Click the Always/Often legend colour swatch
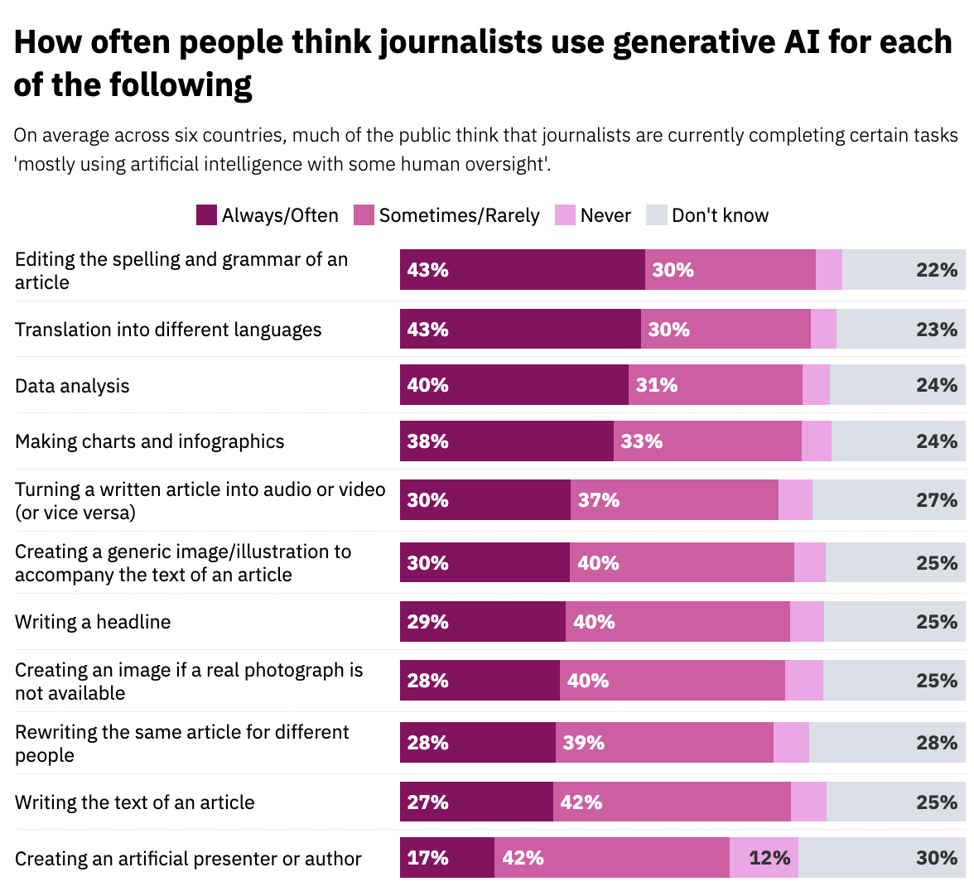pos(206,215)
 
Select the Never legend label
pos(605,215)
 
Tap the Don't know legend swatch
pos(657,215)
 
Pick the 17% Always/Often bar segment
pos(447,858)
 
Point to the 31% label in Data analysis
pos(657,385)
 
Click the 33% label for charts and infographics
pos(642,441)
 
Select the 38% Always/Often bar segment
pos(507,441)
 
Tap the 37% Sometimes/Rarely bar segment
pos(674,500)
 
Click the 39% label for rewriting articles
pos(584,743)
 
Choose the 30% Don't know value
pos(937,858)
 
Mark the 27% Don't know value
pos(937,500)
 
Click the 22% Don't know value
pos(937,270)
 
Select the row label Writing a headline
pos(93,622)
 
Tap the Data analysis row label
pos(72,386)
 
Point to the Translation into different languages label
pos(168,330)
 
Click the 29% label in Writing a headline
pos(428,622)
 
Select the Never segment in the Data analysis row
pos(816,385)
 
